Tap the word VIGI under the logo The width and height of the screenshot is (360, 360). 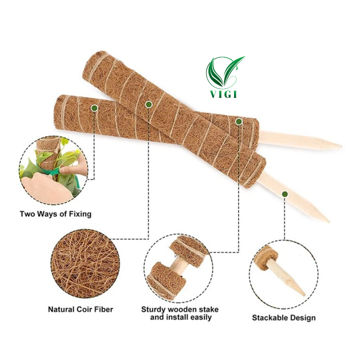click(224, 94)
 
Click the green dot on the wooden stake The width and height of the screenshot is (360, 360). click(285, 194)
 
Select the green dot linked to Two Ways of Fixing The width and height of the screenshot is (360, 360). click(94, 108)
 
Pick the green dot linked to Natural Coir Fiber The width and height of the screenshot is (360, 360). click(148, 104)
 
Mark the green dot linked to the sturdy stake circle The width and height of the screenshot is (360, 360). click(239, 121)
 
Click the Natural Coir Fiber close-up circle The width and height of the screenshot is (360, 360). click(85, 263)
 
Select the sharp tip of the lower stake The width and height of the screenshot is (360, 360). click(328, 221)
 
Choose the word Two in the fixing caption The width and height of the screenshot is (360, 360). click(27, 214)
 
